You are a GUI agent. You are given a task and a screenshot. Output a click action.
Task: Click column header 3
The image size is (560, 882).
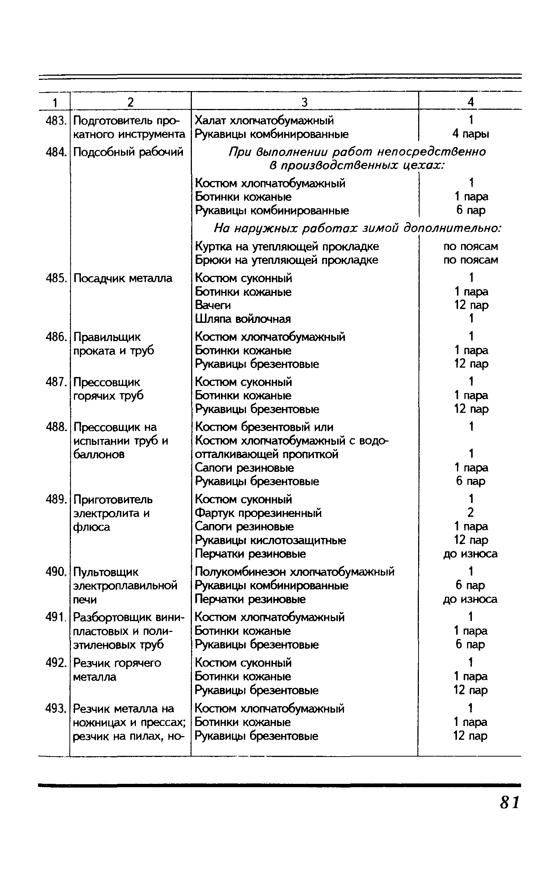[304, 102]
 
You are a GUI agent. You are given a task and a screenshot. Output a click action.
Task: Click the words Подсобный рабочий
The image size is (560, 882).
[128, 152]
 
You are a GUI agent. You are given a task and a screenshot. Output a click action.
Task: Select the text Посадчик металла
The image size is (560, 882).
[123, 278]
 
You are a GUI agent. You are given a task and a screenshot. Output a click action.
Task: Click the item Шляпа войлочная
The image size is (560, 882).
[243, 319]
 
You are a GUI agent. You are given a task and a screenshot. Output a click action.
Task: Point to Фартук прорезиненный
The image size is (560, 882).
[258, 513]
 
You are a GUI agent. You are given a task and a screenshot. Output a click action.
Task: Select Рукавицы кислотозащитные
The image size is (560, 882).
[271, 540]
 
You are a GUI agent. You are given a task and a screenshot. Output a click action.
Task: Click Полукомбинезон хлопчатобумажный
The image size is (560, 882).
[295, 572]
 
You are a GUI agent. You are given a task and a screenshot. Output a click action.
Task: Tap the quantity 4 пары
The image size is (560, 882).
[470, 134]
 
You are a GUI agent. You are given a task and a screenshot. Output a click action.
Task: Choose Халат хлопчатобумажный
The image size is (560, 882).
[265, 121]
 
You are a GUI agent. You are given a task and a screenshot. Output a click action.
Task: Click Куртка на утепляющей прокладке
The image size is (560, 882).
[287, 246]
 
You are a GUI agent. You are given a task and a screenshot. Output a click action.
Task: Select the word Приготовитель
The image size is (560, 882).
[113, 499]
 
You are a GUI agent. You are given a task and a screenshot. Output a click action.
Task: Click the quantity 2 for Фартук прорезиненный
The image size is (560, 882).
[470, 513]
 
